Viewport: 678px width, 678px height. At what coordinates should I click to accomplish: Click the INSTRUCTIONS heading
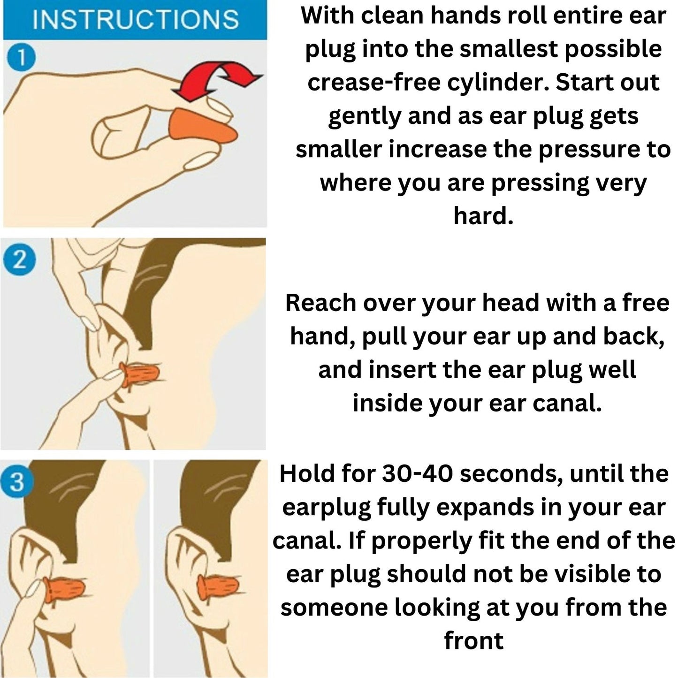pyautogui.click(x=136, y=19)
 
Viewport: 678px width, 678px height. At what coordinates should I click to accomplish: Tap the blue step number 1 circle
pyautogui.click(x=22, y=57)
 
